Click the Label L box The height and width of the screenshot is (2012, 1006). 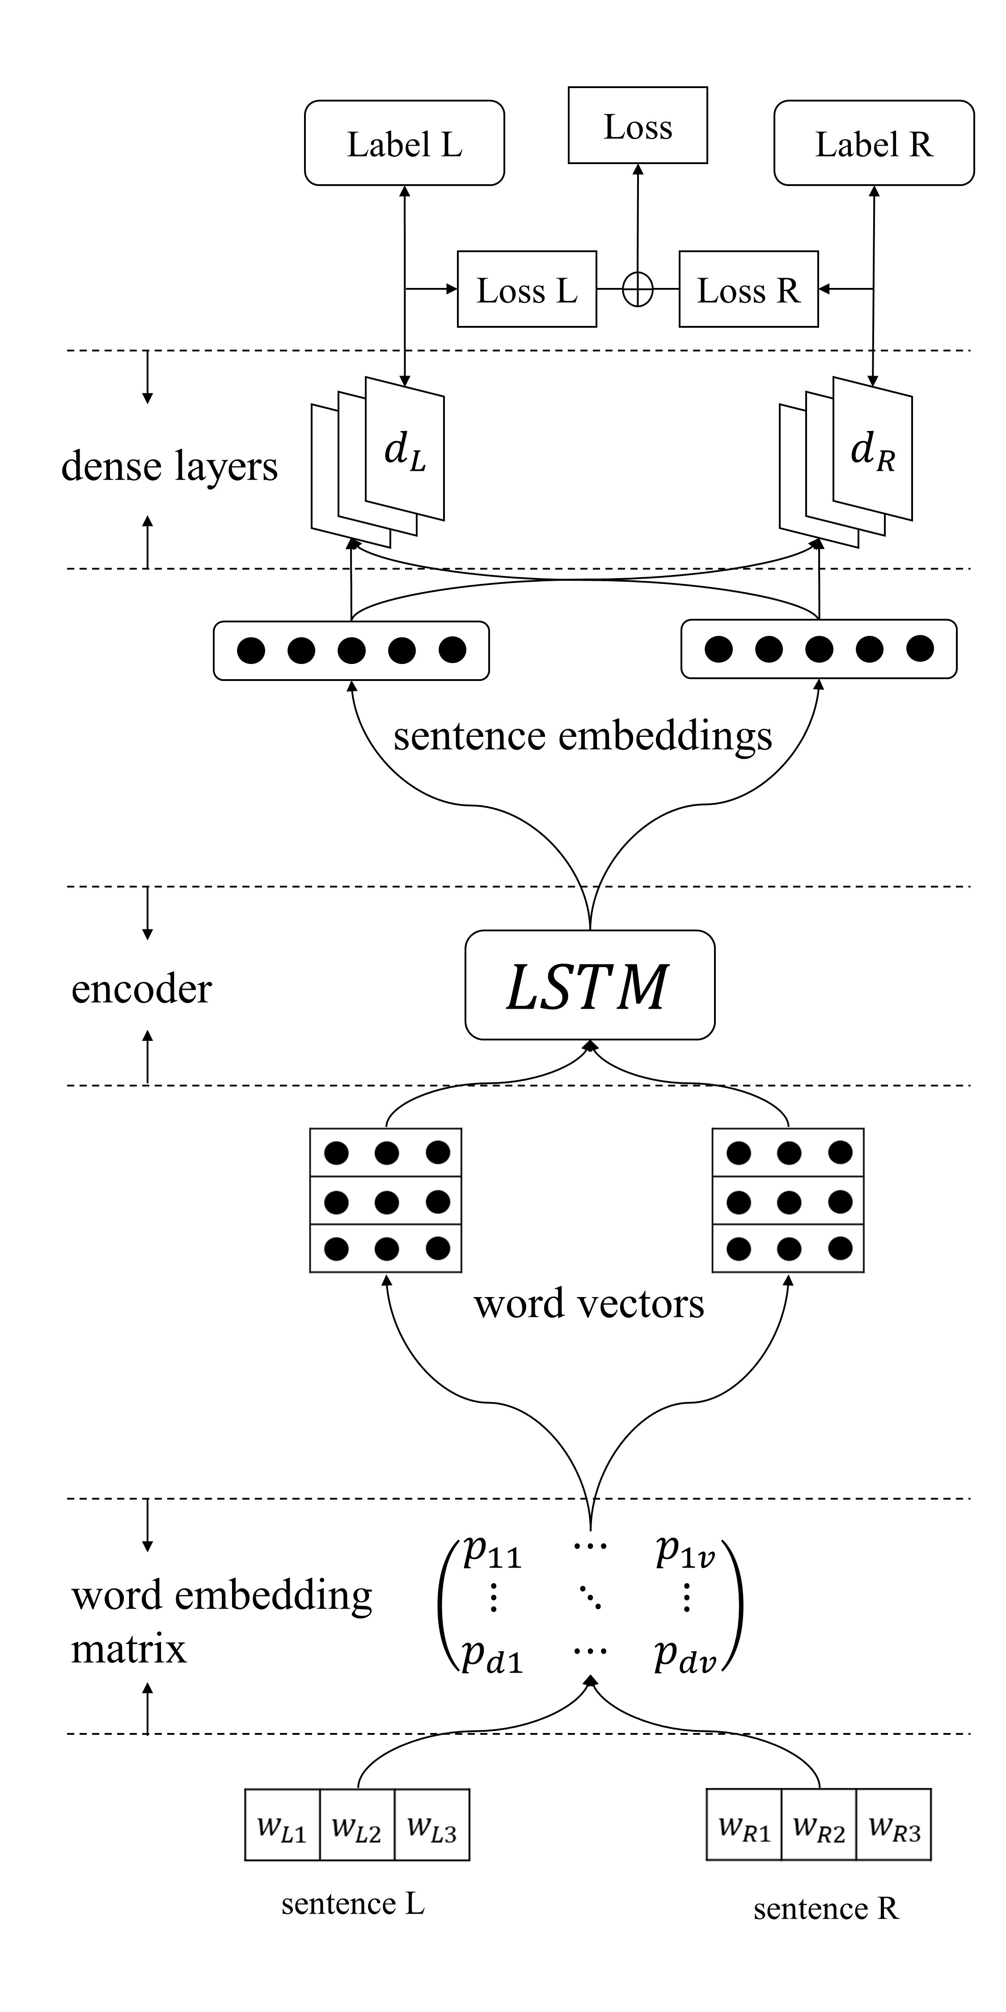404,143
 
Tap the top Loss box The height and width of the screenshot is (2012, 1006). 637,126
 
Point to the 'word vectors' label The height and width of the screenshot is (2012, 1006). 589,1304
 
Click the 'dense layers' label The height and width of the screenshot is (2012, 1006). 169,466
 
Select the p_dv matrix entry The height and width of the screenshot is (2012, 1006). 685,1656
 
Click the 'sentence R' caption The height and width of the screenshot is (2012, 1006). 825,1909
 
